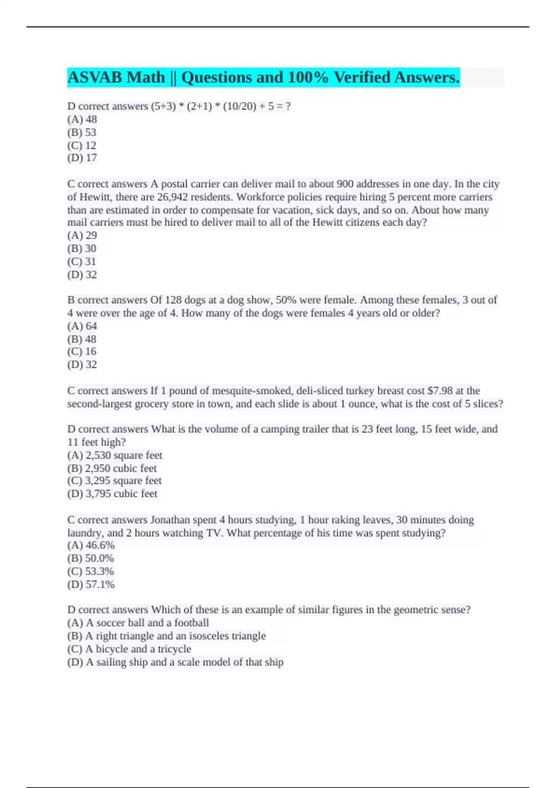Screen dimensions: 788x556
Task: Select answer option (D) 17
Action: point(82,158)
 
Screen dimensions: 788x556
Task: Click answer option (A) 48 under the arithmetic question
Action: point(82,120)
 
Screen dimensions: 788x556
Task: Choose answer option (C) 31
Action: point(82,261)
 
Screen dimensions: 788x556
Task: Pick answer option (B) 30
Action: point(82,248)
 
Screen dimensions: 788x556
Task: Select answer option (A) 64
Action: point(82,326)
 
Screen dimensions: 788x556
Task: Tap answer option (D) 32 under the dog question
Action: point(82,365)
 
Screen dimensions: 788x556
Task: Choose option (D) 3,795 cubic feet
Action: point(112,494)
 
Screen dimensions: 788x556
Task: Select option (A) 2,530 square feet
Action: point(114,455)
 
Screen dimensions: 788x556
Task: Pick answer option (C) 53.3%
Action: point(90,572)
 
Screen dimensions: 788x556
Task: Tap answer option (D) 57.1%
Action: point(91,585)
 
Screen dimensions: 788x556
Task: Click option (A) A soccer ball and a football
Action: point(138,623)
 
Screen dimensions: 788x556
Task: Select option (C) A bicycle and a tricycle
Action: point(129,649)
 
